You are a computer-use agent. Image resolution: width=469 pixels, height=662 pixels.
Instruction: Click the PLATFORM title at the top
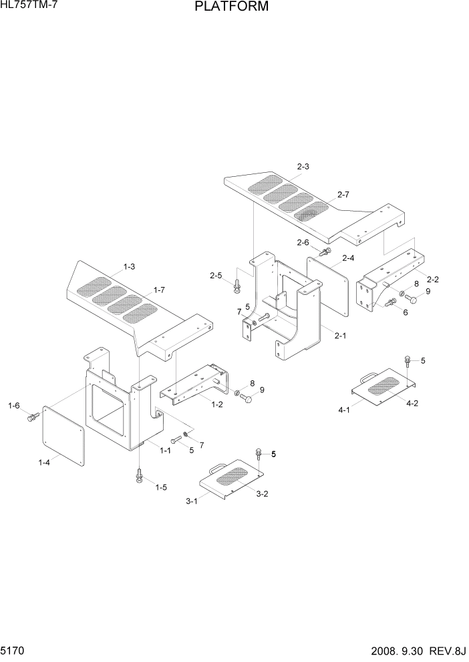232,7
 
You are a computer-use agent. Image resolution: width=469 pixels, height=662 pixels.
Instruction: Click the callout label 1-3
128,267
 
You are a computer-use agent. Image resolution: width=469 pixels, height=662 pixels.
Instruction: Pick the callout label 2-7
343,194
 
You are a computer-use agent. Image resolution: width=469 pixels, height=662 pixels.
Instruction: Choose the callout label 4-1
345,410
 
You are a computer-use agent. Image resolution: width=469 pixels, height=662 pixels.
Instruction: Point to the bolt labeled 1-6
31,418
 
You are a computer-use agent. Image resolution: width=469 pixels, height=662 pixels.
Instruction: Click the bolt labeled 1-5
140,476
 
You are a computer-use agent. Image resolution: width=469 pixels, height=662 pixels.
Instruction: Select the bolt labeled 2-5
237,285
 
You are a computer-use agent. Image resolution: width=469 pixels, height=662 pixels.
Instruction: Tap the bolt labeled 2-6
326,252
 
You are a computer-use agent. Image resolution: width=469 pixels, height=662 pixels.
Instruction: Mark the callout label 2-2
433,279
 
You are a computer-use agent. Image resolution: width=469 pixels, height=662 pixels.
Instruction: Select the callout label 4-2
412,402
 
